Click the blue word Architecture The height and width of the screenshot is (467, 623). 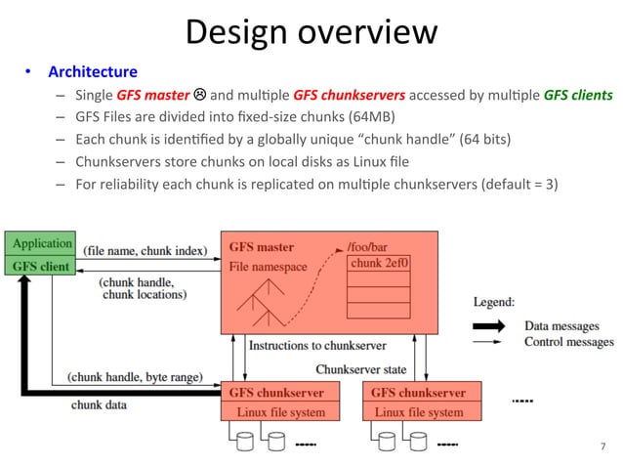click(93, 72)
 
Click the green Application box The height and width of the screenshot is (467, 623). click(41, 243)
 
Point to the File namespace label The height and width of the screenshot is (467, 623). click(269, 266)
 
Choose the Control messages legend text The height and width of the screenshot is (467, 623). click(569, 342)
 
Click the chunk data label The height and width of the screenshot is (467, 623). click(99, 404)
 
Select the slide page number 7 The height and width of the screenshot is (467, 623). click(602, 446)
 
